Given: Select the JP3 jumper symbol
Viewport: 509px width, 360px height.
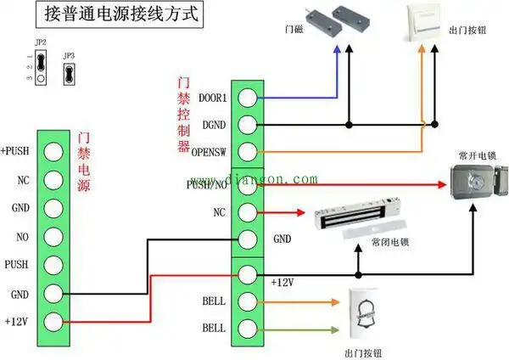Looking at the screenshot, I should [x=69, y=70].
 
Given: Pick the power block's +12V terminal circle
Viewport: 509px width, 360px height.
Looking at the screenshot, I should [x=53, y=322].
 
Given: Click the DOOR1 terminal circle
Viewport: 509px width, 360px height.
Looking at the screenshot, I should [x=247, y=98].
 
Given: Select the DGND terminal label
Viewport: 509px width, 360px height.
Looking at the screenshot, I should [x=214, y=126].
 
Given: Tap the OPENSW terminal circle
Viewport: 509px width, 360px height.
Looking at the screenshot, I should [x=247, y=153].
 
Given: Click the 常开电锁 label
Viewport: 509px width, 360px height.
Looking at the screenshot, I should [x=475, y=155].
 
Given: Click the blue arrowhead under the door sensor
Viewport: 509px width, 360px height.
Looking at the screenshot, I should [x=337, y=50].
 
